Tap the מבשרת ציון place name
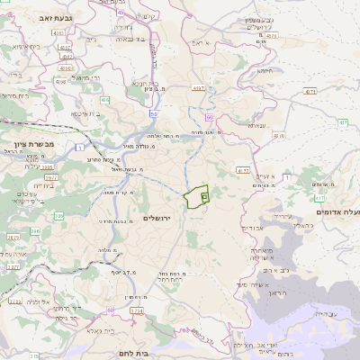[35, 144]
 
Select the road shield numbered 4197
[199, 88]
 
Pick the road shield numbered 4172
[243, 169]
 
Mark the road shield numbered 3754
[137, 310]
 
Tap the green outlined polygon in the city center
[195, 197]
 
